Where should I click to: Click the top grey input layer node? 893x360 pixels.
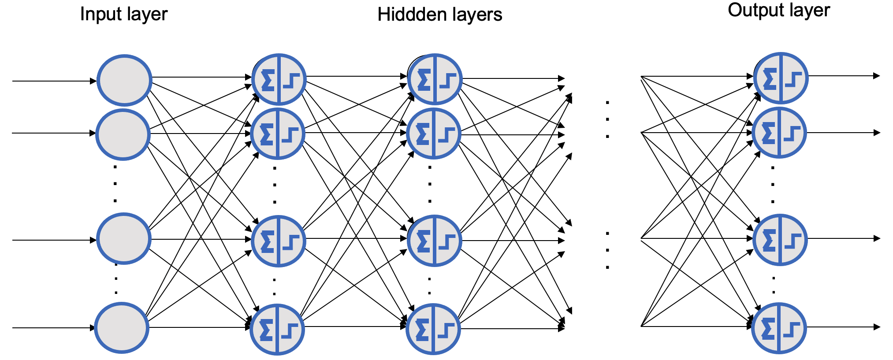coord(124,80)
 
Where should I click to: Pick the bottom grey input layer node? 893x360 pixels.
coord(122,328)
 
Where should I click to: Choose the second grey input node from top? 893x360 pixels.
coord(123,134)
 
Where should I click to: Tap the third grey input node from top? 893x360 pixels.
coord(123,239)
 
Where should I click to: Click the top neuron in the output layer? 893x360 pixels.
coord(781,78)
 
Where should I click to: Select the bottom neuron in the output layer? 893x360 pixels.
coord(779,328)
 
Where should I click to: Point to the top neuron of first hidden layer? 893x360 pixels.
coord(279,79)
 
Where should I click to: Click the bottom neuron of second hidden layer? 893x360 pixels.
coord(433,329)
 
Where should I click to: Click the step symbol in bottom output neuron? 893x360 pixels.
coord(792,330)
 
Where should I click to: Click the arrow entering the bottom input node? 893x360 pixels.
coord(53,328)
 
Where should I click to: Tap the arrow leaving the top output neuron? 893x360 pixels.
coord(844,76)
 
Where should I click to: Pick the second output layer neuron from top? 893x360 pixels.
coord(779,133)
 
